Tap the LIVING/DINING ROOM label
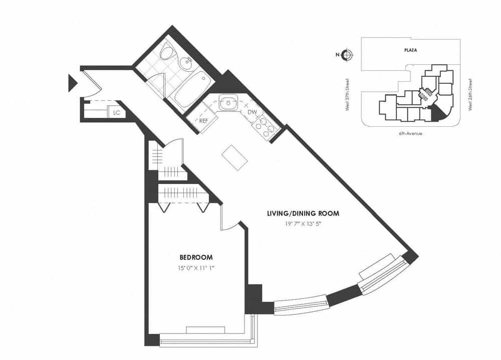(303, 213)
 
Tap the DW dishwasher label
(252, 112)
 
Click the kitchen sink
(228, 103)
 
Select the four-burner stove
(266, 124)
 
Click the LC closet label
(117, 113)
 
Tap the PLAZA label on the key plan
(411, 50)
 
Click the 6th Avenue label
(410, 133)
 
